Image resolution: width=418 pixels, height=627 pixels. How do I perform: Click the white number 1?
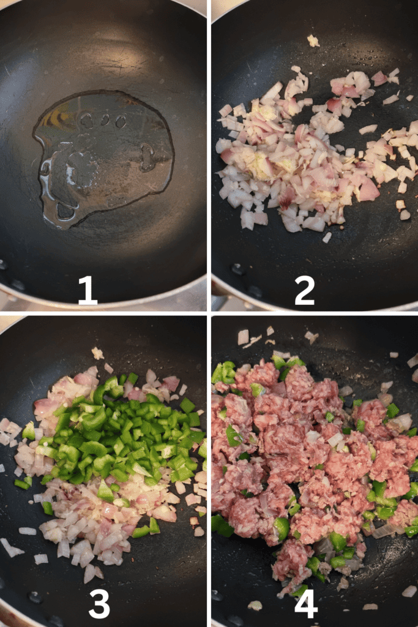coord(88,290)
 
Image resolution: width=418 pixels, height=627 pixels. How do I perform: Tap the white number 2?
coord(305,290)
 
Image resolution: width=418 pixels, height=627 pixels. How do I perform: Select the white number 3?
coord(99,604)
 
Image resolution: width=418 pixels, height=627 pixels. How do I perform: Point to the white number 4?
coord(306,604)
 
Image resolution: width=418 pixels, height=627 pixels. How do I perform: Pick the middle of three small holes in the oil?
coord(105,119)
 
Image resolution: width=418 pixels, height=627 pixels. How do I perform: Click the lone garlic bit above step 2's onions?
coord(313,41)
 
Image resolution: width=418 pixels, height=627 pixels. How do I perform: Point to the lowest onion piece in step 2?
coord(327,238)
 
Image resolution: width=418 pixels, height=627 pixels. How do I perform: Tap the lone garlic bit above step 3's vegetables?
coord(97,353)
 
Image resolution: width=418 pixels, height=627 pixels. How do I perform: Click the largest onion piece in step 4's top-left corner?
coord(243,337)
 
